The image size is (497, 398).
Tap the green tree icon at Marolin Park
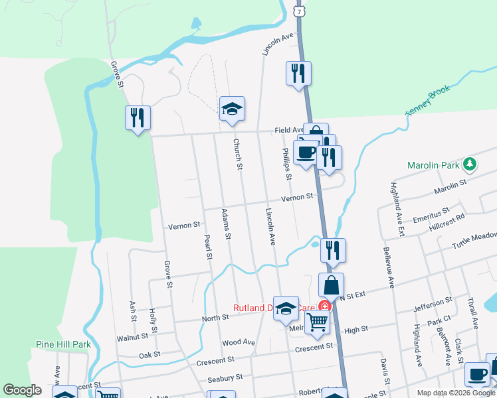[x=470, y=163]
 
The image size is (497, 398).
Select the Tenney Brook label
[x=429, y=100]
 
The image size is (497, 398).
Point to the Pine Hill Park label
[x=62, y=344]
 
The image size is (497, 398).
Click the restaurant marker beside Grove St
[x=138, y=119]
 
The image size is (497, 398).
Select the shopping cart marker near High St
[x=318, y=322]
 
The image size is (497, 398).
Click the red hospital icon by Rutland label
[x=324, y=306]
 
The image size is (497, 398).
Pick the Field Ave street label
[x=289, y=131]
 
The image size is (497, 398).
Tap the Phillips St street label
[x=286, y=163]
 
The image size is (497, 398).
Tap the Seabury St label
[x=220, y=377]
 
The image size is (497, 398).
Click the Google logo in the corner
[x=22, y=390]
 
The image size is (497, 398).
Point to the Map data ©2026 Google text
[x=455, y=393]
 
